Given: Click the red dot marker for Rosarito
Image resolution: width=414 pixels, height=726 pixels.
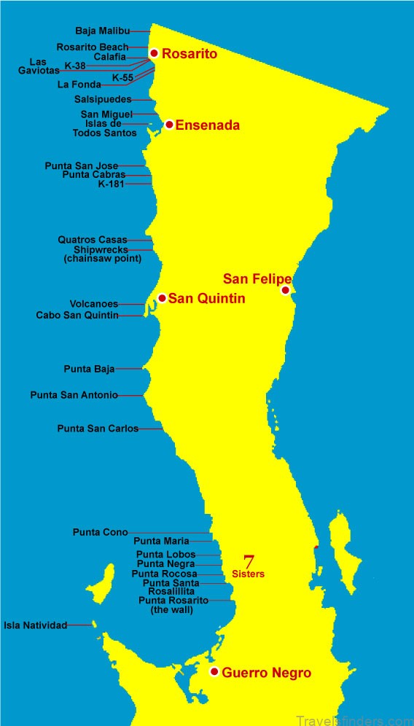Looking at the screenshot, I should click(154, 53).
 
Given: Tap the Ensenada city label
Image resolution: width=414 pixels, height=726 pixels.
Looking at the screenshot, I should click(207, 125).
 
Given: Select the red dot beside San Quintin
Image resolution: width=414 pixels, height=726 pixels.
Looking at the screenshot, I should click(162, 298).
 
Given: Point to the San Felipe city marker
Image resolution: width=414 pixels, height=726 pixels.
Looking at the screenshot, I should click(285, 290).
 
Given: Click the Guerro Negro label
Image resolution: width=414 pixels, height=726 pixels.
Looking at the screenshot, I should click(266, 673).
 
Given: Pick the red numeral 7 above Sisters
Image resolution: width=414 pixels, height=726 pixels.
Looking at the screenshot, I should click(249, 562).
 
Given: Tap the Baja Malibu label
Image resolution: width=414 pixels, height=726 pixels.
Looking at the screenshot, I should click(103, 31).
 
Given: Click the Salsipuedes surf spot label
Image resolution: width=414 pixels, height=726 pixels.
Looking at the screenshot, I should click(103, 98).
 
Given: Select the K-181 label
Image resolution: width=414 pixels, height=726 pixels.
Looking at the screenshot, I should click(111, 184).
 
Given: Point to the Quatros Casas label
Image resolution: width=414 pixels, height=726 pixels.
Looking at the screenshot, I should click(93, 240).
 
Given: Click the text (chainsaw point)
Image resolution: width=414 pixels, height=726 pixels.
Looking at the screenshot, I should click(102, 258).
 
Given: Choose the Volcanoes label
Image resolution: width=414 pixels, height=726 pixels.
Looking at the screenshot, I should click(94, 303).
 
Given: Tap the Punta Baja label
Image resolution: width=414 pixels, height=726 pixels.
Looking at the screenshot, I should click(90, 369).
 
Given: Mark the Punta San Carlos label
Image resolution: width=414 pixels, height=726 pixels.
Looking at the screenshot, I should click(98, 429).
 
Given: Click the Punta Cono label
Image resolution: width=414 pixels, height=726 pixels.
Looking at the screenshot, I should click(101, 532).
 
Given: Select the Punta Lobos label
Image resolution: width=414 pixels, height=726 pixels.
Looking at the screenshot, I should click(166, 555).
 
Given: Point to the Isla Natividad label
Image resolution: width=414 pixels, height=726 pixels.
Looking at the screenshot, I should click(36, 625).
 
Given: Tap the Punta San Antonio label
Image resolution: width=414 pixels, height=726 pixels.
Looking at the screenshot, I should click(74, 395).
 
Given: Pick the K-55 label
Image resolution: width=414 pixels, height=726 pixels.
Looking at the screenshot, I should click(122, 77).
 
